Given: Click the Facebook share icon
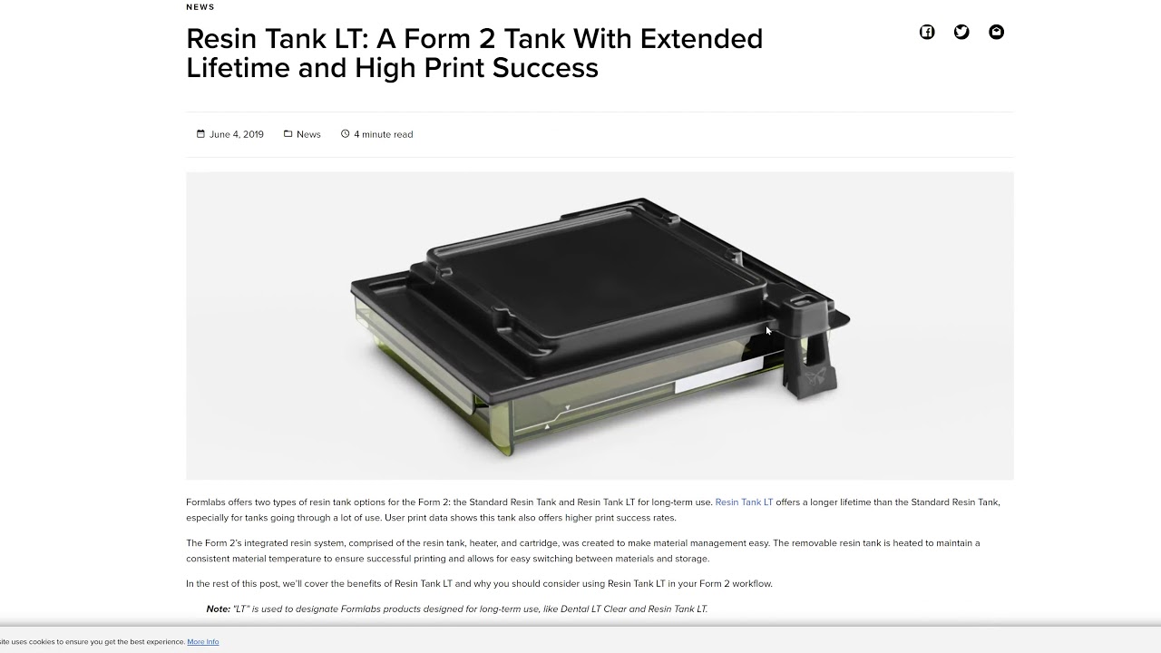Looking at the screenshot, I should coord(927,33).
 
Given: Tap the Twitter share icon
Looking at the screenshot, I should coord(961,33).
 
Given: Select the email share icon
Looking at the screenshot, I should coord(996,33).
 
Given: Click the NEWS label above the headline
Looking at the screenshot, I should coord(200,7).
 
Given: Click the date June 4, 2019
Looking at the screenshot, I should coord(236,134).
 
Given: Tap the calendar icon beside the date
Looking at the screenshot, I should coord(200,134).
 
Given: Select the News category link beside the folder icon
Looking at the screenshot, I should coord(308,134).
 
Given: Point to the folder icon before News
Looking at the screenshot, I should coord(288,134).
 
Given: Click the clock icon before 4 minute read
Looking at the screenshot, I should coord(345,134).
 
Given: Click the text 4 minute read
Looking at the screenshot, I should coord(383,134).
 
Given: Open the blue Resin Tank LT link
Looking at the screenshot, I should coord(744,502).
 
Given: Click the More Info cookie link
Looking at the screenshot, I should coord(202,642).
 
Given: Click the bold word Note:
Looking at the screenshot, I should coord(218,609).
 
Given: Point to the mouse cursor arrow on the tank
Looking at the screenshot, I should coord(768,330).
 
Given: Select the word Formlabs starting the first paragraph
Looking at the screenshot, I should coord(208,502).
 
